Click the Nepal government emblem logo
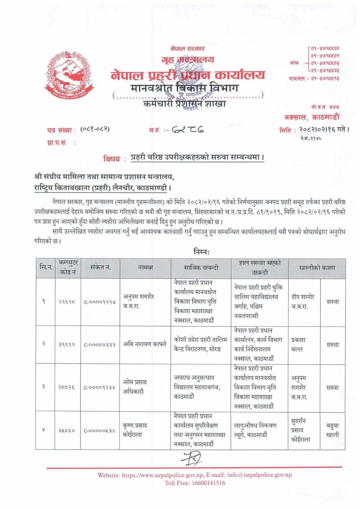70,75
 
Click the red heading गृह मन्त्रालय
188,59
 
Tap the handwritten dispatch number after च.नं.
188,129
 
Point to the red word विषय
112,158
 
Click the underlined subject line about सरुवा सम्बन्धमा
197,157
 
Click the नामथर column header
145,268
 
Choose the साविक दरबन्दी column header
201,268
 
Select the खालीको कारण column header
317,268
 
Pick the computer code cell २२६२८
67,302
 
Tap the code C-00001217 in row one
100,302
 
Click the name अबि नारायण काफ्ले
145,344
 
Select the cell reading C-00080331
100,345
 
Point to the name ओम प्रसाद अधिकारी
135,387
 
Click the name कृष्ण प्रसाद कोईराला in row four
135,430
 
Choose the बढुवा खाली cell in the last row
332,430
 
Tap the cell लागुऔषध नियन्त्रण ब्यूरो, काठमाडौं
255,430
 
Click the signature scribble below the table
191,458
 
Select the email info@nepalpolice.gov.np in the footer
259,475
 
